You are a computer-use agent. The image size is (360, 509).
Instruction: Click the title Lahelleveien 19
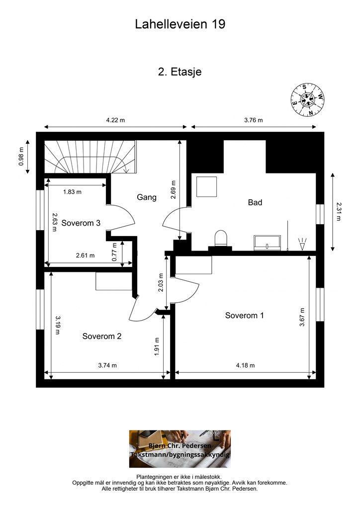180,24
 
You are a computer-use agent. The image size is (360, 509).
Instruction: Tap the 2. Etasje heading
180,72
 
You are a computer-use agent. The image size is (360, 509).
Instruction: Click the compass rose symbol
307,99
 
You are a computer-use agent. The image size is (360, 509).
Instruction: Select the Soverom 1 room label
245,315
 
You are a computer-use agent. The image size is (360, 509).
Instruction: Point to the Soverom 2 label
101,336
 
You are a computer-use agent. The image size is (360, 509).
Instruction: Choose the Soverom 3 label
81,223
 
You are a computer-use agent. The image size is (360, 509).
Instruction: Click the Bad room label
255,202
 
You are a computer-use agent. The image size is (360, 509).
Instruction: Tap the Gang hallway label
146,197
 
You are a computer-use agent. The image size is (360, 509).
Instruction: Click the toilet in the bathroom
221,239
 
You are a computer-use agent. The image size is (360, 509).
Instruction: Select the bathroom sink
268,243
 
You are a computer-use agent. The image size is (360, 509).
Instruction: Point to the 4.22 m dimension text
115,120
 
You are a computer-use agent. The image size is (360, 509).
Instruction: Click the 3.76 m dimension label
254,120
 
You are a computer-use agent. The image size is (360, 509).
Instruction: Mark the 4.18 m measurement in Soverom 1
246,365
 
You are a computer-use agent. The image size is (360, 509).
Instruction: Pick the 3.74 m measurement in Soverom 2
107,365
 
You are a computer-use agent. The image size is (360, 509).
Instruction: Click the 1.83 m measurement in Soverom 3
72,192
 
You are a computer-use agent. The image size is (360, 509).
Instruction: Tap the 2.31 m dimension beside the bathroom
338,212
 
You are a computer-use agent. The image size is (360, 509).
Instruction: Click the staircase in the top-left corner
90,157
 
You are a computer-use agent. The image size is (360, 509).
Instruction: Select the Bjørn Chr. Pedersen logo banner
180,449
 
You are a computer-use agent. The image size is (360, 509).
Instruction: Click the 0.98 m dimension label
21,157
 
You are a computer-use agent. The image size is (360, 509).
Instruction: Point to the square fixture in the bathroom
206,187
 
